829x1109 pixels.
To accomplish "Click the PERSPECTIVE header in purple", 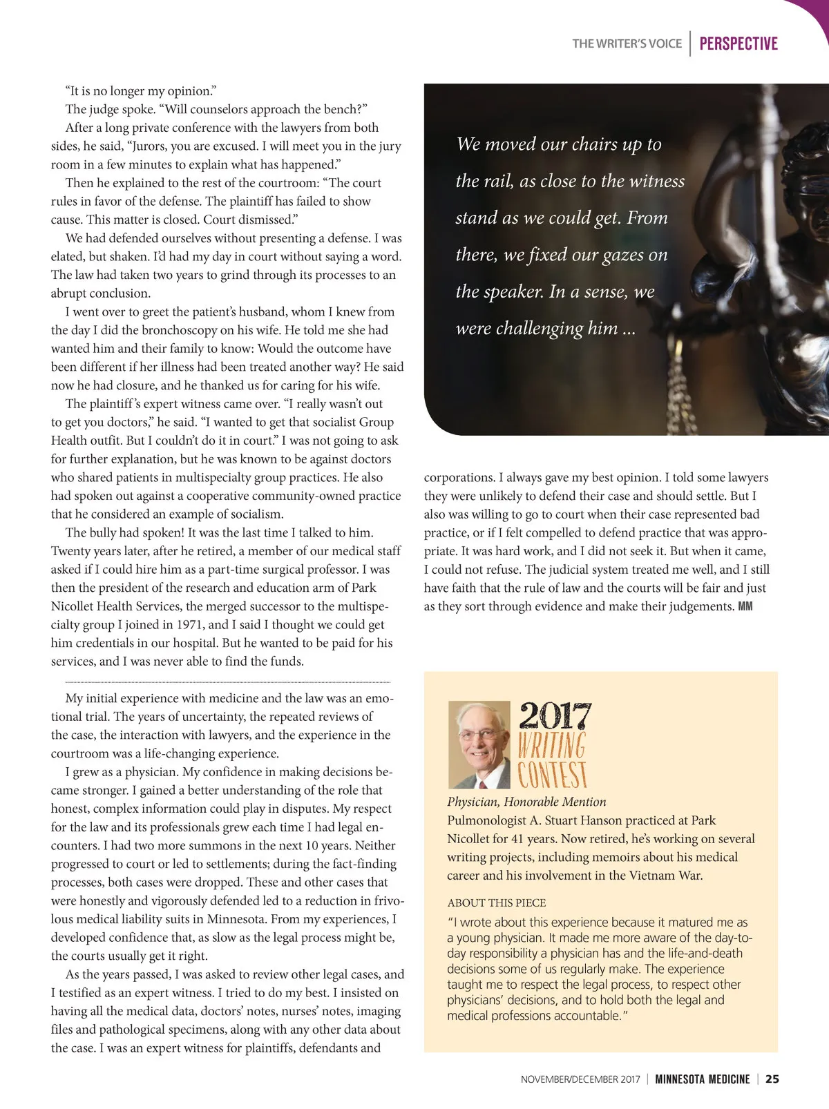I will pyautogui.click(x=738, y=44).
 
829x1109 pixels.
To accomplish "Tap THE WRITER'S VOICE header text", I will pyautogui.click(x=627, y=44).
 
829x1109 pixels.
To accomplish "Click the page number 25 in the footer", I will pyautogui.click(x=772, y=1079).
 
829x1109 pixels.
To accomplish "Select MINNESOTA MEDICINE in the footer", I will pyautogui.click(x=702, y=1079).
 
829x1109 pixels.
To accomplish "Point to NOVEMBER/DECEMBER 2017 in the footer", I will pyautogui.click(x=580, y=1079).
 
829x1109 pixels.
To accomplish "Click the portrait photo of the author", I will pyautogui.click(x=479, y=744).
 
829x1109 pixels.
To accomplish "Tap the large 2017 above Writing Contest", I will pyautogui.click(x=555, y=715).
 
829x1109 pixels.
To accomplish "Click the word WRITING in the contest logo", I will pyautogui.click(x=552, y=745).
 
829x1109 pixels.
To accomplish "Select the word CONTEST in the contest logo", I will pyautogui.click(x=553, y=775).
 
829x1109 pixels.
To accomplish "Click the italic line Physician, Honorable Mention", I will pyautogui.click(x=526, y=802).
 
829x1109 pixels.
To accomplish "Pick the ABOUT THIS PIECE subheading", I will pyautogui.click(x=496, y=903).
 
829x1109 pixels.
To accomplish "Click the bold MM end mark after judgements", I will pyautogui.click(x=745, y=606).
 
